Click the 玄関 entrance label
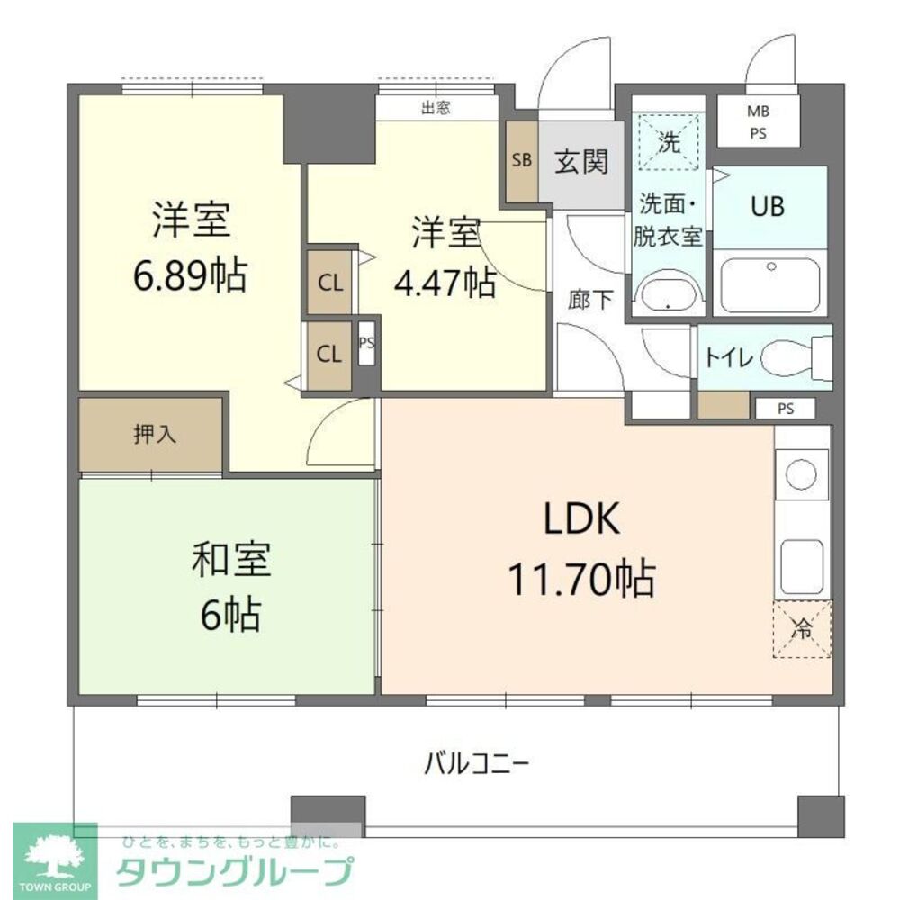coord(581,162)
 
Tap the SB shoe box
coord(521,161)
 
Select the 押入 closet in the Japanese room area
coord(151,433)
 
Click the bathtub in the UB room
coord(770,283)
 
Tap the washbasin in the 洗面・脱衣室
coord(668,293)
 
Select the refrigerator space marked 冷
coord(802,628)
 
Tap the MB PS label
coord(758,121)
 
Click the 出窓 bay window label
coord(436,108)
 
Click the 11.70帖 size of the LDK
coord(580,578)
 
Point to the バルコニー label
coord(477,764)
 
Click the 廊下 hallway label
coord(590,300)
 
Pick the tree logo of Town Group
coord(55,858)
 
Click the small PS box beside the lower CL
coord(366,343)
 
